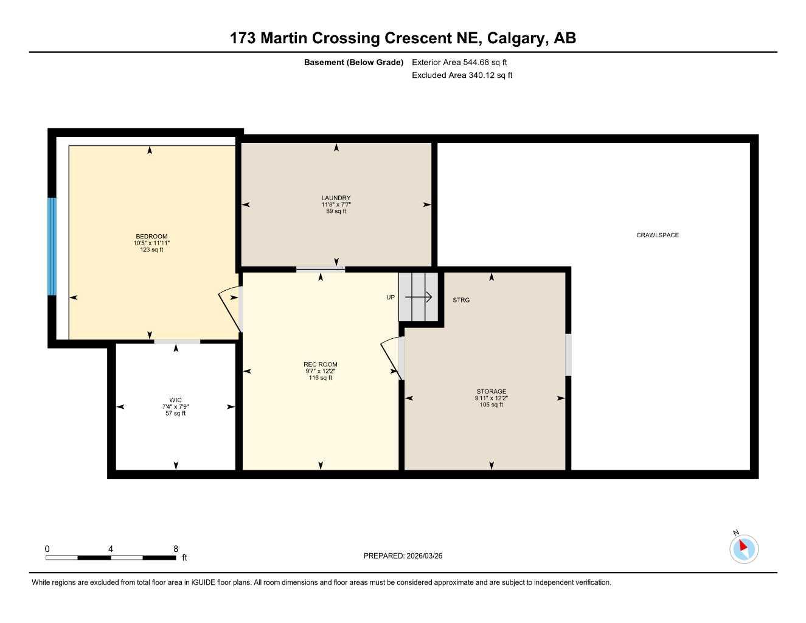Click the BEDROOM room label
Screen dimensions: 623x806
tap(151, 237)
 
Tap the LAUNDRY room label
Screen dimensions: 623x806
tap(336, 198)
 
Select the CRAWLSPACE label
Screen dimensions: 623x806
tap(657, 235)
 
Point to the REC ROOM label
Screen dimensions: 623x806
tap(320, 364)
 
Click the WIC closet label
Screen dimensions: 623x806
tap(175, 400)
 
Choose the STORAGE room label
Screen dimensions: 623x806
tap(491, 392)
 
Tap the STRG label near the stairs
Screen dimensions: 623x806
tap(461, 300)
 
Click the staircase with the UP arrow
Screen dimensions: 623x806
tap(418, 297)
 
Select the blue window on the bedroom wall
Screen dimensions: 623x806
tap(52, 246)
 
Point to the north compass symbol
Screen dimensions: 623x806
tap(743, 549)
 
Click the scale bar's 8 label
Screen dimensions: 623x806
tap(176, 549)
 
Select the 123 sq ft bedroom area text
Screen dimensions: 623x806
tap(151, 249)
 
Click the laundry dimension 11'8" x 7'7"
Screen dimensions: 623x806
tap(336, 204)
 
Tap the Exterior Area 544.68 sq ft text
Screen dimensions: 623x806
tap(459, 62)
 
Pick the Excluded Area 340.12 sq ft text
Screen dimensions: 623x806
tap(462, 75)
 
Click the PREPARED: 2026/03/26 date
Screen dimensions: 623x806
tap(403, 555)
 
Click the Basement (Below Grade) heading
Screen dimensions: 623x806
tap(353, 62)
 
